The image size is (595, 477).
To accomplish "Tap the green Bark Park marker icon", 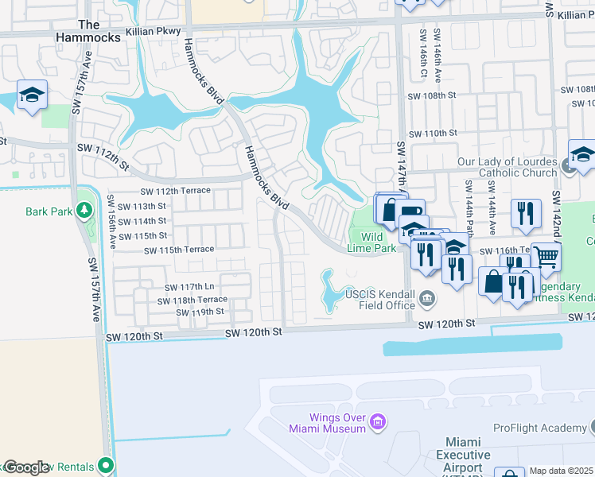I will pos(84,211).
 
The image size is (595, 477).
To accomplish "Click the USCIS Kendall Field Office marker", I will pos(428,300).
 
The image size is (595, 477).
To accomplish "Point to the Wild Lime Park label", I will pos(372,242).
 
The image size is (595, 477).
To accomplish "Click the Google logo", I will pos(25,467).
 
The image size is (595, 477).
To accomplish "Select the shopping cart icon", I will pos(546,257).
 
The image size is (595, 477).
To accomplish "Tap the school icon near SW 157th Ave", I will pos(32,96).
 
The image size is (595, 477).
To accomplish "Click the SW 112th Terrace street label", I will pos(175,191).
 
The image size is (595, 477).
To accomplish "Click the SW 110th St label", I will pos(432,134).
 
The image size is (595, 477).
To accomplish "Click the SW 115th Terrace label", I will pos(178,250).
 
